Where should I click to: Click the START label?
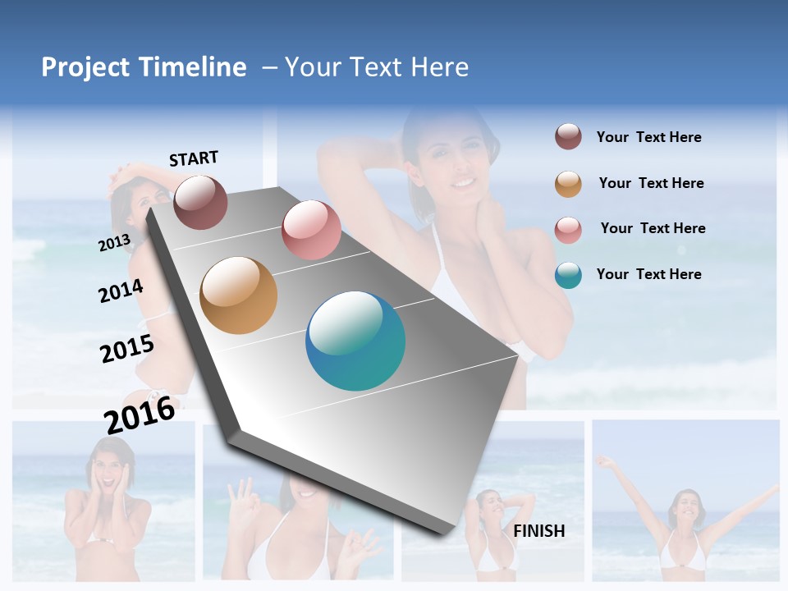pyautogui.click(x=194, y=158)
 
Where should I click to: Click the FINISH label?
pyautogui.click(x=539, y=530)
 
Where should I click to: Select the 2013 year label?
pyautogui.click(x=114, y=242)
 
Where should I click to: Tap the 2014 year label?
pyautogui.click(x=121, y=291)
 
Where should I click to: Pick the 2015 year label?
pyautogui.click(x=126, y=348)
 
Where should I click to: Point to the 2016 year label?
pyautogui.click(x=140, y=415)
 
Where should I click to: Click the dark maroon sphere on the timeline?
pyautogui.click(x=200, y=202)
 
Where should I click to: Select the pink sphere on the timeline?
pyautogui.click(x=311, y=230)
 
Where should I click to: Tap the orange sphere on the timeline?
pyautogui.click(x=239, y=295)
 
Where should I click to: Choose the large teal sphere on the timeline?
pyautogui.click(x=355, y=341)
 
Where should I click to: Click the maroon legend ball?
pyautogui.click(x=568, y=137)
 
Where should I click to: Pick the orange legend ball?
pyautogui.click(x=568, y=184)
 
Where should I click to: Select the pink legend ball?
pyautogui.click(x=568, y=230)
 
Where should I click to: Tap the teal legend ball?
pyautogui.click(x=568, y=275)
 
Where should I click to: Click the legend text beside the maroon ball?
pyautogui.click(x=648, y=137)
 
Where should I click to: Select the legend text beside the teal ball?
pyautogui.click(x=648, y=274)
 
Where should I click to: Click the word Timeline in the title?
pyautogui.click(x=191, y=67)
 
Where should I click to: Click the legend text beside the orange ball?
pyautogui.click(x=651, y=183)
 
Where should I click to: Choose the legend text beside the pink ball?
pyautogui.click(x=653, y=228)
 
